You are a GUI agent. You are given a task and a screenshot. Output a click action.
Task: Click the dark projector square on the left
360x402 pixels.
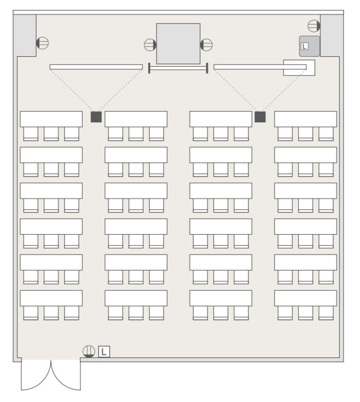click(96, 117)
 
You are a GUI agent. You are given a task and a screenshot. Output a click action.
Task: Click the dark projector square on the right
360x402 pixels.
click(260, 117)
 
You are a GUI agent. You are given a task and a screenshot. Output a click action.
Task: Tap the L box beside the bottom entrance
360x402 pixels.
click(104, 351)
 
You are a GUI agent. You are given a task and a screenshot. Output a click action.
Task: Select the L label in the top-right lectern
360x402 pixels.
click(304, 46)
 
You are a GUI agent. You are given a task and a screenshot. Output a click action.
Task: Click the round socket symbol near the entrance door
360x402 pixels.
click(89, 351)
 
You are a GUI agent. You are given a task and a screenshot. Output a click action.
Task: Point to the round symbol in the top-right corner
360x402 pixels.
click(314, 26)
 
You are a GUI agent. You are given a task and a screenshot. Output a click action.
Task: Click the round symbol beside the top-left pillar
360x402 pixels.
click(42, 43)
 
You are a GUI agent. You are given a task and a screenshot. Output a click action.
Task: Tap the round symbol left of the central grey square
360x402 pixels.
click(150, 45)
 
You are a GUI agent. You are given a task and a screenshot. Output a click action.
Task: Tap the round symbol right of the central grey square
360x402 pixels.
click(206, 45)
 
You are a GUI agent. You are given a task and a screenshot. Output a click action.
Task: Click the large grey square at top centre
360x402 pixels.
click(178, 44)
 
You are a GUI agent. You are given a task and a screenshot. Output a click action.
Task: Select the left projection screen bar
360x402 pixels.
click(96, 67)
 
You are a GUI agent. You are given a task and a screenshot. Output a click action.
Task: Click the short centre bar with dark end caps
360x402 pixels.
click(178, 68)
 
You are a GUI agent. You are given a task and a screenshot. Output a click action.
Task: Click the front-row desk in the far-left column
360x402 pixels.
click(51, 119)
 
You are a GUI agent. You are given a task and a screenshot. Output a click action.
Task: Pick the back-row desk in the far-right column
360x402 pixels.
click(306, 298)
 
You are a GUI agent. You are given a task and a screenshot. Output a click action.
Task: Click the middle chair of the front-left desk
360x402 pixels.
click(51, 134)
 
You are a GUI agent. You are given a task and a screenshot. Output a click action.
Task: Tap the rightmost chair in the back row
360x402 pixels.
click(326, 313)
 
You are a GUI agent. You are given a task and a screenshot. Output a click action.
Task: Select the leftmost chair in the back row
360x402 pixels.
click(31, 313)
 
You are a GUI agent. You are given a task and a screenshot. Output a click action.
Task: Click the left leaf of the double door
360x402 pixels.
click(36, 375)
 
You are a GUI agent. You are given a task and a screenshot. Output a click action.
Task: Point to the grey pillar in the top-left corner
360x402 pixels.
click(25, 35)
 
